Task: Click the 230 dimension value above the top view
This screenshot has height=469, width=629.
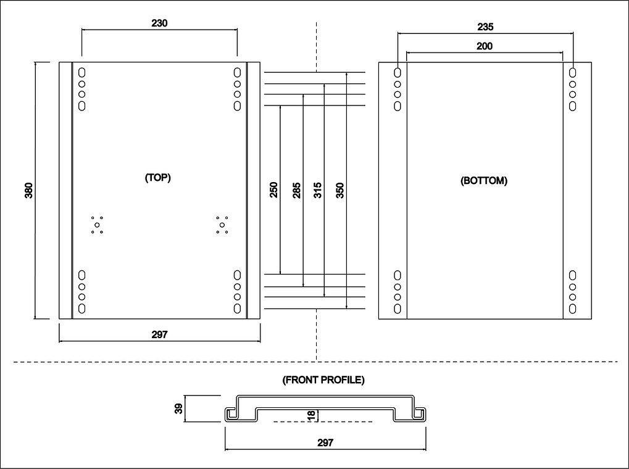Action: [159, 23]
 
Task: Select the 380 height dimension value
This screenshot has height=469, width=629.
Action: [29, 190]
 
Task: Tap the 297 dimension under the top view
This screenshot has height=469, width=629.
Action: [159, 334]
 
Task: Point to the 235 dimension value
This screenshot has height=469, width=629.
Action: [485, 27]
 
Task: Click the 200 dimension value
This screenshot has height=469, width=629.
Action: [484, 46]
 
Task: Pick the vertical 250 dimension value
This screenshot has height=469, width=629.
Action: [273, 190]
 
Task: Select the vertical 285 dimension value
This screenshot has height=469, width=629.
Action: [296, 191]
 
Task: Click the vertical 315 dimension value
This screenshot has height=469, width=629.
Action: [318, 190]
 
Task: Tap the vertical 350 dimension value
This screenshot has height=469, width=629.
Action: [339, 191]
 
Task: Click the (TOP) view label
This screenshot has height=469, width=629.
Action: [157, 177]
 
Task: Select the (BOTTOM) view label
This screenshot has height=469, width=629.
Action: [484, 181]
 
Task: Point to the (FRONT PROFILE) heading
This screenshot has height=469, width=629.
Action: [323, 380]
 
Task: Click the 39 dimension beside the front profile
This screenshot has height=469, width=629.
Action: [179, 409]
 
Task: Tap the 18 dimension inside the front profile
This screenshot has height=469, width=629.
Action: [311, 415]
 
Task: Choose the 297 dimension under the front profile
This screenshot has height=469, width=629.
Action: [325, 442]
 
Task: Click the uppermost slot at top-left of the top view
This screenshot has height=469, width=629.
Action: [82, 73]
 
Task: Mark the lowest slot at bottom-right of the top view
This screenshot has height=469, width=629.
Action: [238, 309]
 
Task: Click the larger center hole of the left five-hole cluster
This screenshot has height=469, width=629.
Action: [97, 225]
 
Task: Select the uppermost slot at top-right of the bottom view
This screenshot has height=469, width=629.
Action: [573, 73]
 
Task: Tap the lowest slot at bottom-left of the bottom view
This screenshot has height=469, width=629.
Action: [398, 309]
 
